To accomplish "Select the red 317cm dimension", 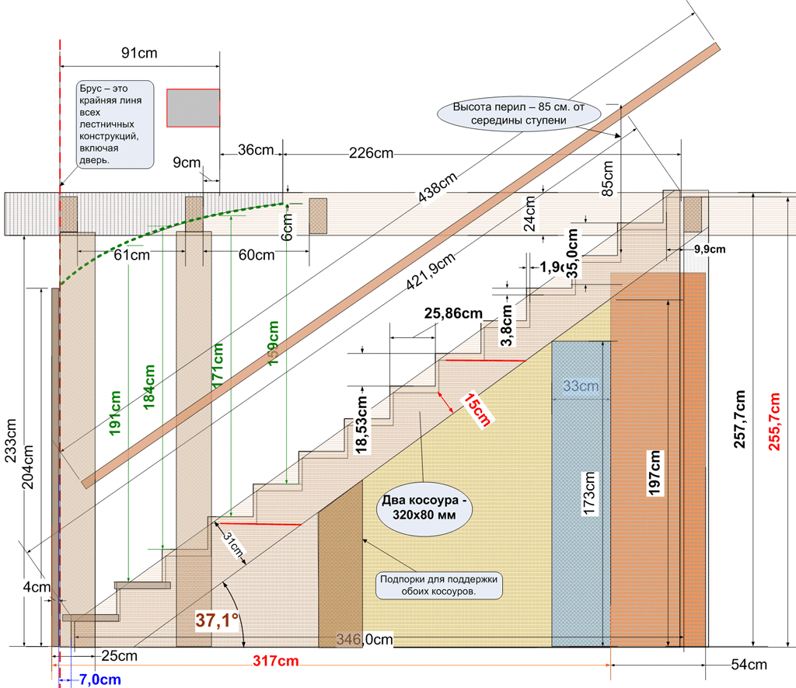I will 276,662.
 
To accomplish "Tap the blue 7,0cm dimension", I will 99,679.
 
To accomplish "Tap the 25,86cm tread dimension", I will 453,314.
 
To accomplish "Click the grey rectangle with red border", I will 193,107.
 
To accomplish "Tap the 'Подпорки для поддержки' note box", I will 439,585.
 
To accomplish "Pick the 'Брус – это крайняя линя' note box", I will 115,124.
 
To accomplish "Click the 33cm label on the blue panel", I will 581,386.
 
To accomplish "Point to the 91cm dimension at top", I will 140,54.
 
